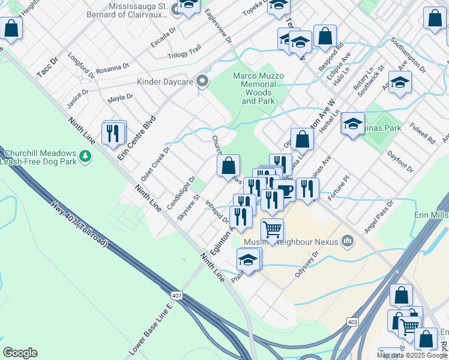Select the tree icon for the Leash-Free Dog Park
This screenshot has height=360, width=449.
click(85, 156)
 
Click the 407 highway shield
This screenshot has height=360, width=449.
click(176, 296)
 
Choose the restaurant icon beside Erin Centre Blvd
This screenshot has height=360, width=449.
click(113, 133)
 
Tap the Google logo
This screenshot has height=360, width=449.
click(20, 353)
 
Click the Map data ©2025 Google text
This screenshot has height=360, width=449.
click(412, 355)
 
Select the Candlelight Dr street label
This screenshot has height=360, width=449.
click(181, 191)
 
